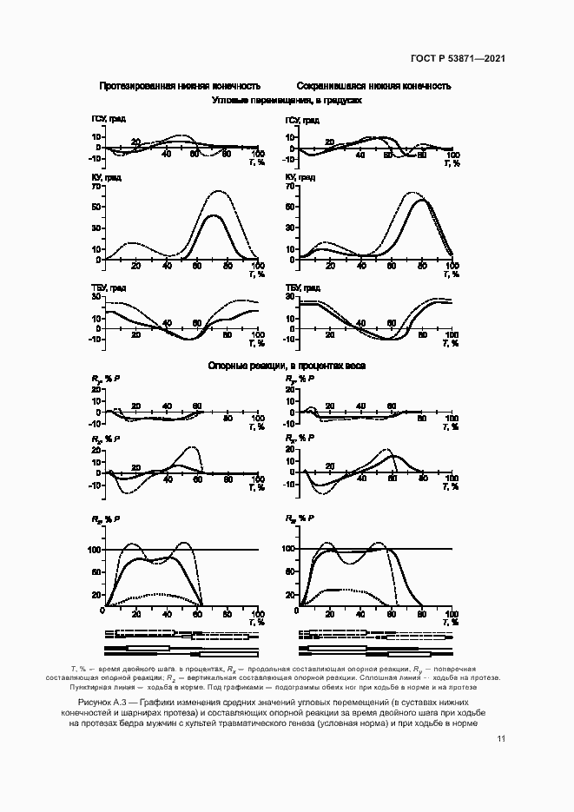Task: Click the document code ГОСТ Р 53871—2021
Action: [458, 59]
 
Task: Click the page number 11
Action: [501, 739]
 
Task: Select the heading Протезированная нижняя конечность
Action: [180, 87]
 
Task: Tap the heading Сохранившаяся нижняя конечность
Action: [373, 87]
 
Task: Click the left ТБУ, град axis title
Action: [109, 287]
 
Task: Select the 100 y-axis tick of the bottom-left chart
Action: [93, 550]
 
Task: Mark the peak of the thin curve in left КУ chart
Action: [216, 191]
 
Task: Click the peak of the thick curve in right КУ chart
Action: [423, 201]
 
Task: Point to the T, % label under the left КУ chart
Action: [254, 274]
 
